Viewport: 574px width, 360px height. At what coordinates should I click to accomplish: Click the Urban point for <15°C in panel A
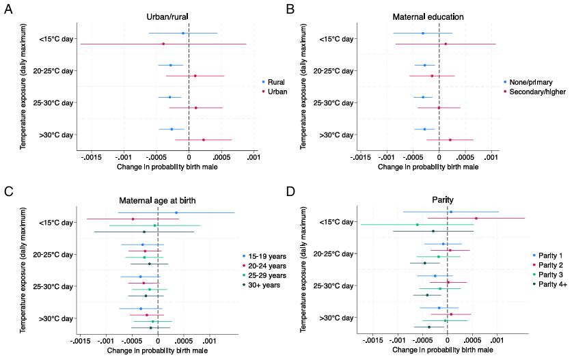[x=163, y=44]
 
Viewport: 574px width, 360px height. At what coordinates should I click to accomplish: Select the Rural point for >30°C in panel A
[x=172, y=129]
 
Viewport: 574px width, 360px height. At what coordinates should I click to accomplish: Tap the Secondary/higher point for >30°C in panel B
[x=450, y=140]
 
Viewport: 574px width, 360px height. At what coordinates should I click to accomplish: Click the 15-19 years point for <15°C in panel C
[x=176, y=212]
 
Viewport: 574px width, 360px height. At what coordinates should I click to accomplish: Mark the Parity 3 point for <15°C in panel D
[x=418, y=225]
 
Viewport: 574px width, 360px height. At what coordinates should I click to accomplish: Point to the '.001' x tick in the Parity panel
[x=496, y=340]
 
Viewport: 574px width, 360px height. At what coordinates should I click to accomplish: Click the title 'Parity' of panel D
[x=443, y=199]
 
